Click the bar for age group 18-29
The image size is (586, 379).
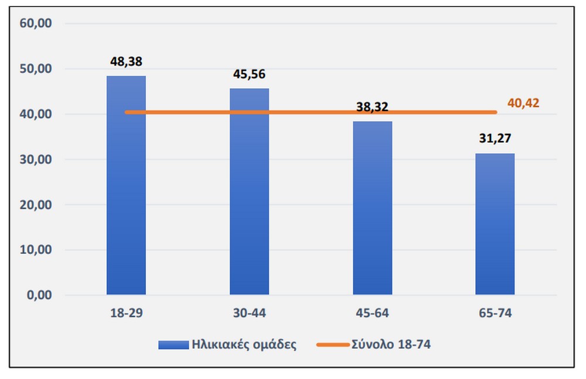(x=126, y=187)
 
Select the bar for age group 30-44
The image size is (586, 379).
(x=249, y=193)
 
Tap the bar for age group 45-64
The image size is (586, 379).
(x=372, y=211)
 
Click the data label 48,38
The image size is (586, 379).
(x=126, y=61)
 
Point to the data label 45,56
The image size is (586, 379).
(x=249, y=74)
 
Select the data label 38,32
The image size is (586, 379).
(x=372, y=107)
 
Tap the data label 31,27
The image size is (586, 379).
(x=495, y=140)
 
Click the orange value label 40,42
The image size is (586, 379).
(x=523, y=104)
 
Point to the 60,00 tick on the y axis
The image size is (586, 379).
(x=37, y=23)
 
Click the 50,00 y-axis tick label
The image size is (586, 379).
(x=37, y=69)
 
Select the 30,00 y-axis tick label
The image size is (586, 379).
(x=37, y=160)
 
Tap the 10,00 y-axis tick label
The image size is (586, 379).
(x=37, y=250)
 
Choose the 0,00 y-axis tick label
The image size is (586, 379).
(x=39, y=295)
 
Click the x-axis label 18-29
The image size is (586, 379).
(x=126, y=313)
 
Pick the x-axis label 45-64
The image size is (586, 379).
(x=372, y=313)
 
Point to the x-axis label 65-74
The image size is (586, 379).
(x=495, y=313)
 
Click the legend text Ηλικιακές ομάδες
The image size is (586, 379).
(x=244, y=344)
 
